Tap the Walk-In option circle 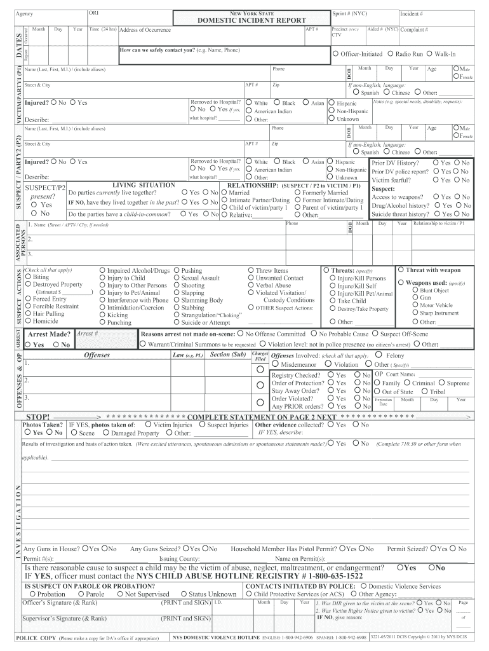tap(431, 55)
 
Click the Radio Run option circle tap(390, 55)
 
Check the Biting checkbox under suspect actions tap(28, 278)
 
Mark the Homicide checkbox tap(28, 321)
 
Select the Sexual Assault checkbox tap(177, 278)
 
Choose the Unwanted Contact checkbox tap(251, 278)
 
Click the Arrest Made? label tap(49, 334)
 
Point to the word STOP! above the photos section tap(37, 416)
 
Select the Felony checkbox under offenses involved tap(379, 355)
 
